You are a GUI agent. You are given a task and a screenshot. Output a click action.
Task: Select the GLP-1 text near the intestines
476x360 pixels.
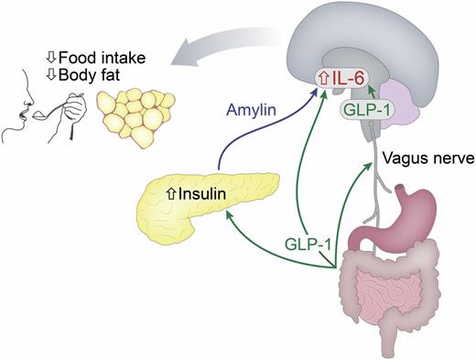[x=305, y=244]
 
